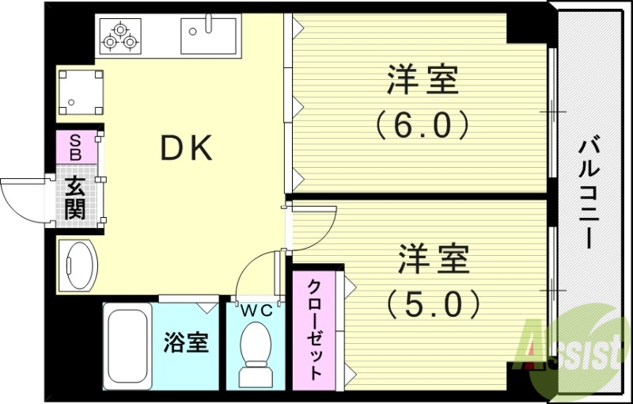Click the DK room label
pos(187,148)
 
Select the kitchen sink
pos(208,36)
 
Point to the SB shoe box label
pos(76,148)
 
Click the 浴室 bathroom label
pos(187,344)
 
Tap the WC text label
pos(256,311)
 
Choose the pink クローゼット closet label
pos(314,330)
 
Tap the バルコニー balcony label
pos(587,193)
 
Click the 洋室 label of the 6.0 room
pos(423,82)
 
